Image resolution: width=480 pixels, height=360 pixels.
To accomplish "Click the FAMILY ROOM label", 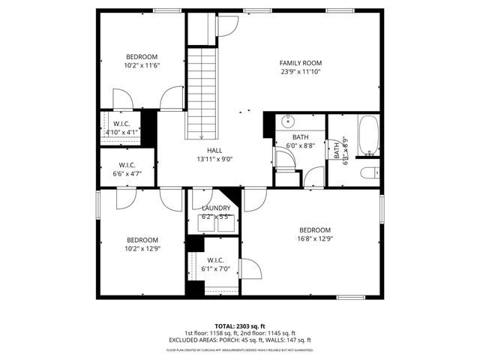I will [300, 63].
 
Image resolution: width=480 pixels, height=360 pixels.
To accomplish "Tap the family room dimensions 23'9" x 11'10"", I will [300, 72].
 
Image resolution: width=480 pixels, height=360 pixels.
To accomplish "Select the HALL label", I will [215, 150].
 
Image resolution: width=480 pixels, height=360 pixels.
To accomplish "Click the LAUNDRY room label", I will [215, 208].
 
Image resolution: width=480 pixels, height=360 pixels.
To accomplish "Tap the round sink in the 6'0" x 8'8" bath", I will [289, 121].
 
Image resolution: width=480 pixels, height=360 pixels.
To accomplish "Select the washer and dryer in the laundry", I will [215, 223].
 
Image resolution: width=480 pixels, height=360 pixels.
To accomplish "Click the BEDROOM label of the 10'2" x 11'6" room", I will [141, 57].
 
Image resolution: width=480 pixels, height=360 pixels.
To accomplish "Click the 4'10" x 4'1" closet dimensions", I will [121, 132].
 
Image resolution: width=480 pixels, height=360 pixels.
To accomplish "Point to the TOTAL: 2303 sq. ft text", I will [240, 325].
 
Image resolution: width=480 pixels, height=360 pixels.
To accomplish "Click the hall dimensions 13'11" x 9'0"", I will [215, 159].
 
